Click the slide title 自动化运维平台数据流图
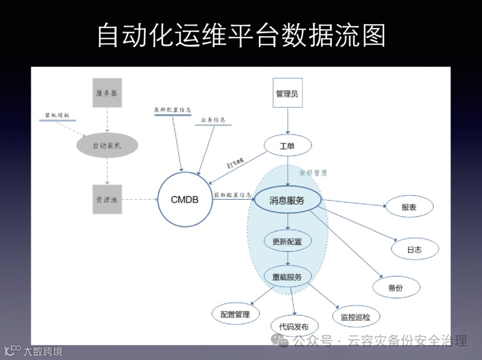(241, 35)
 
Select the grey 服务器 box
(107, 93)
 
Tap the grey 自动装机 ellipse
(107, 146)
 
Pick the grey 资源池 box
(107, 199)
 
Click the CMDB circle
(185, 200)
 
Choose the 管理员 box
(287, 94)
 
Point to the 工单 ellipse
(287, 146)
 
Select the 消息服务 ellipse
(287, 200)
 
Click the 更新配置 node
(287, 242)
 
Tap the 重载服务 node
(287, 277)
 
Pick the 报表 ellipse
(409, 208)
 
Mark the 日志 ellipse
(415, 250)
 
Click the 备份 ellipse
(396, 288)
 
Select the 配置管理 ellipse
(235, 314)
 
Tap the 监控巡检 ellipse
(355, 317)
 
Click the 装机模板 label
(57, 115)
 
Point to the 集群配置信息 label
(172, 109)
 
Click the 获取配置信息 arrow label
(232, 195)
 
